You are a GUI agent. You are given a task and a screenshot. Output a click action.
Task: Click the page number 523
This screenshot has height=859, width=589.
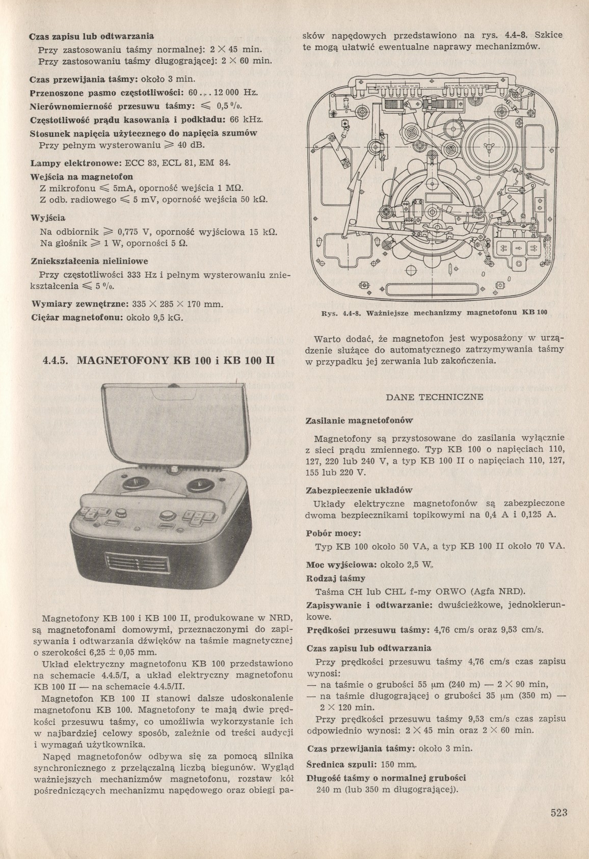coord(558,812)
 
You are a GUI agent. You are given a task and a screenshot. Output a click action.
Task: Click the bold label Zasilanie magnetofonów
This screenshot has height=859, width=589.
coord(358,421)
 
